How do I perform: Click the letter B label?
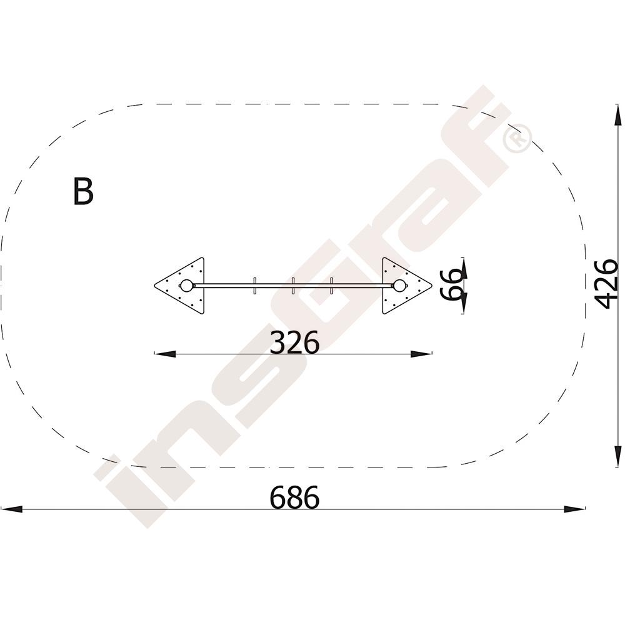click(83, 191)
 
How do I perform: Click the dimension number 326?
click(294, 342)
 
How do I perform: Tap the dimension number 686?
click(294, 497)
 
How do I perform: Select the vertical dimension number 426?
click(606, 284)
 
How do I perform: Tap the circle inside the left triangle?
click(186, 286)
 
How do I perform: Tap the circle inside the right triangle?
click(400, 286)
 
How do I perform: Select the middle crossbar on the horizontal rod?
click(293, 286)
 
